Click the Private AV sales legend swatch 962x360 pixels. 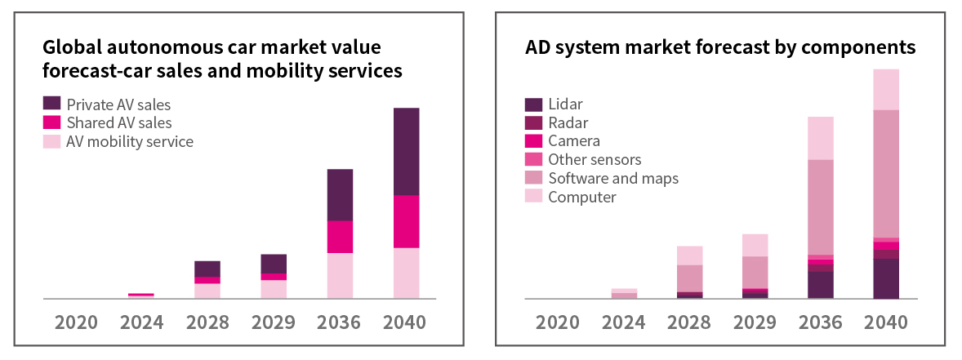point(51,104)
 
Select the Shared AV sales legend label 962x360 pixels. point(119,122)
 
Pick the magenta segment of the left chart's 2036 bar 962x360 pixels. point(340,237)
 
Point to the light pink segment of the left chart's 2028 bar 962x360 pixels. point(207,291)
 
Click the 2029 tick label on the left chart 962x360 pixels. point(274,322)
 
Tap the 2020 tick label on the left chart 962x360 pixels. point(76,322)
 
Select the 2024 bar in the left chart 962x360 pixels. point(141,296)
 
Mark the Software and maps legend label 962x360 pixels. point(613,178)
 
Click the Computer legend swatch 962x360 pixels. point(533,197)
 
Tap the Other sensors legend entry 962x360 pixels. point(595,159)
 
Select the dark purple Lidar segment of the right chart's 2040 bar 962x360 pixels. point(886,278)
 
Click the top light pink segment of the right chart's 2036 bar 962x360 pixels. point(821,138)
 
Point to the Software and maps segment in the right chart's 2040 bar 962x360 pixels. point(886,173)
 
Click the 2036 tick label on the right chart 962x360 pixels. point(820,322)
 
